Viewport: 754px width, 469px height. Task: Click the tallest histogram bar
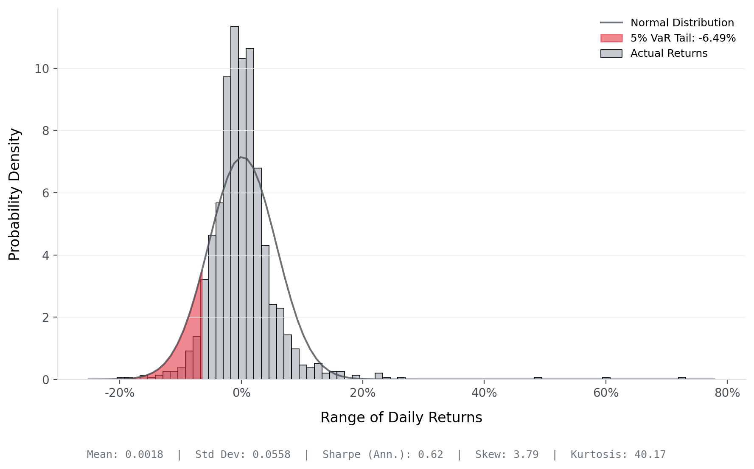(x=234, y=204)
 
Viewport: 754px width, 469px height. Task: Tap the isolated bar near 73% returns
(x=682, y=378)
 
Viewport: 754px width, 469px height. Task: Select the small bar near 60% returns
(x=606, y=378)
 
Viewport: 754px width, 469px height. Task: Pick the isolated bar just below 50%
(x=538, y=378)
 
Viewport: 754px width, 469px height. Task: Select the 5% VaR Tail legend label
(x=683, y=38)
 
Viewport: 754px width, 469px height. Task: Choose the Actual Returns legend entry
(x=669, y=53)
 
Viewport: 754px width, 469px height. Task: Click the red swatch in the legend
(x=611, y=38)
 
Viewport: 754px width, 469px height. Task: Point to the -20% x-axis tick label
(x=119, y=393)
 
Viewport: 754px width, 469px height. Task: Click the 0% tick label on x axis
(x=241, y=393)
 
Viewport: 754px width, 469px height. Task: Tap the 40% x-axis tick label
(x=484, y=393)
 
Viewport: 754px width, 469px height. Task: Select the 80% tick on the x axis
(x=727, y=393)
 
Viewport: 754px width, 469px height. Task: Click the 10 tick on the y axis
(x=42, y=69)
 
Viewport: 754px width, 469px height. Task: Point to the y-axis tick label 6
(x=45, y=193)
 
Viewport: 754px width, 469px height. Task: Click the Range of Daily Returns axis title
(x=401, y=418)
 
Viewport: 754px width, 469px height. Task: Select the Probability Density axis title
(x=14, y=194)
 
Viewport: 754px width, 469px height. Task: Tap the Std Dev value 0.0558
(x=271, y=455)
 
